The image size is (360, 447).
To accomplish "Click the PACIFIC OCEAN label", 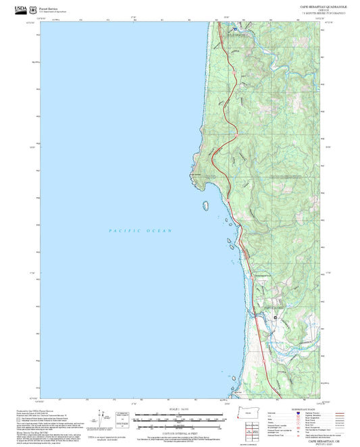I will click(x=140, y=231).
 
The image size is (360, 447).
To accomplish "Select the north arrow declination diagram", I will click(x=101, y=417).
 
